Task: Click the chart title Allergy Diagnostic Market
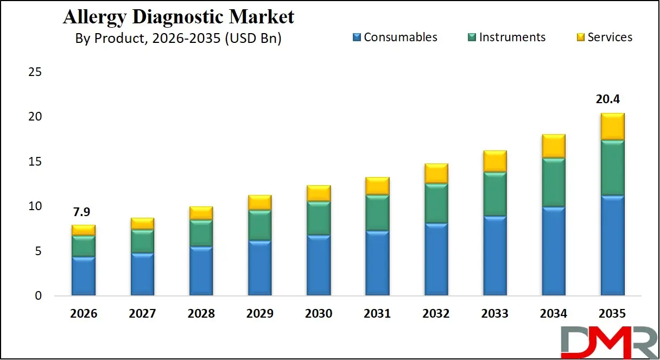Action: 179,17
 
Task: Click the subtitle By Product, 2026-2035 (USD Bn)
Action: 178,39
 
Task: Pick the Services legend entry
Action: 604,37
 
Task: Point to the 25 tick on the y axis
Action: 35,72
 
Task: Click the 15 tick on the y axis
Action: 35,162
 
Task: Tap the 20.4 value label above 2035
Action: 612,99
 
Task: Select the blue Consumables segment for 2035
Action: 612,245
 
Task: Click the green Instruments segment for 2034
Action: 553,182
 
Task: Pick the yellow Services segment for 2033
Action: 494,161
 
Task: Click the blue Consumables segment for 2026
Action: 83,276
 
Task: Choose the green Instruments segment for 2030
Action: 318,218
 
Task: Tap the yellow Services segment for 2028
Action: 201,213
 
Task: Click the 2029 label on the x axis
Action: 259,314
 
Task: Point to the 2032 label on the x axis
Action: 436,314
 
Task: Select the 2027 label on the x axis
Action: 142,314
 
